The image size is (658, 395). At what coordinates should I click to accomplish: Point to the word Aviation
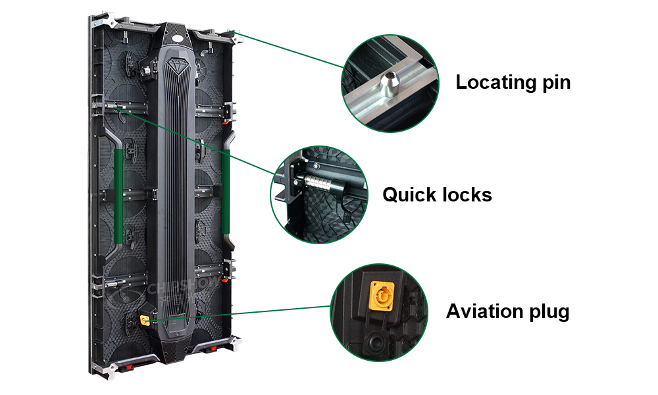(x=484, y=311)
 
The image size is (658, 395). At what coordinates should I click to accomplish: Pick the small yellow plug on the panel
(x=144, y=321)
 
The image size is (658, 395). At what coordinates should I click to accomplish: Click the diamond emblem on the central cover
(x=176, y=66)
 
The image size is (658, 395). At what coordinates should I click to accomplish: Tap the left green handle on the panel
(x=118, y=195)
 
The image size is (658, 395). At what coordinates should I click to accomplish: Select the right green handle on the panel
(x=226, y=192)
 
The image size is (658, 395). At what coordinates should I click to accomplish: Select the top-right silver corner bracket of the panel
(x=235, y=36)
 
